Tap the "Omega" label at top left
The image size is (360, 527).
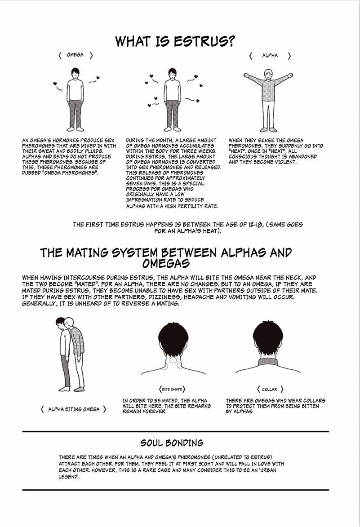click(x=75, y=55)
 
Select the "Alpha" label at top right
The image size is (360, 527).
click(x=270, y=56)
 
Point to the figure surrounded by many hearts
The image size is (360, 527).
click(x=172, y=99)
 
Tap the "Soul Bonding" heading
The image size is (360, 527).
click(x=172, y=443)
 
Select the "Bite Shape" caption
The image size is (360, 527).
click(x=172, y=389)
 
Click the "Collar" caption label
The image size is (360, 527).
click(x=270, y=389)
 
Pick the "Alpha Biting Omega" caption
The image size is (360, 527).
click(x=74, y=409)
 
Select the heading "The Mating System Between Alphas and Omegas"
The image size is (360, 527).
click(x=166, y=257)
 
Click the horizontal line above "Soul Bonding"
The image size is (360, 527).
click(x=175, y=431)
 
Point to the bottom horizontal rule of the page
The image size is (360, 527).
click(x=175, y=490)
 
